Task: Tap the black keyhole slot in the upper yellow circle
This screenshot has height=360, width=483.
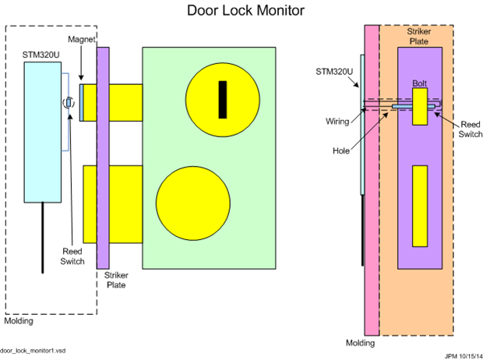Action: [223, 99]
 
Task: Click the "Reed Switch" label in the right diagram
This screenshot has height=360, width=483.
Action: [470, 129]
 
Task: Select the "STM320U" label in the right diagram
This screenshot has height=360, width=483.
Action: [333, 72]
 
